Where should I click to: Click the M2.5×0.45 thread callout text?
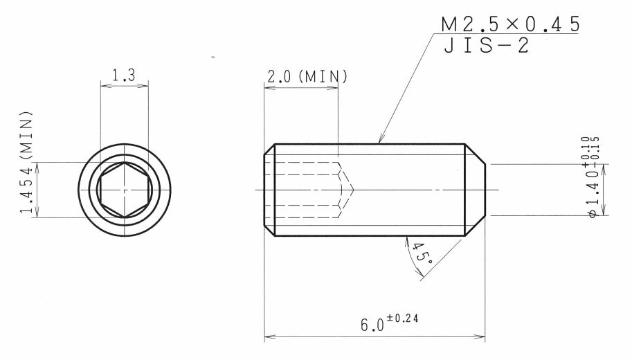(x=510, y=24)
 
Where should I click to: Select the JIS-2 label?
(x=486, y=45)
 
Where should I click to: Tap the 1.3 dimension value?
(x=123, y=75)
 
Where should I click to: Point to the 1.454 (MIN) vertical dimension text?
(x=26, y=162)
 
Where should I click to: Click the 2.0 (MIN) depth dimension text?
(x=307, y=76)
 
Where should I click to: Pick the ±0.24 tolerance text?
(x=402, y=318)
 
